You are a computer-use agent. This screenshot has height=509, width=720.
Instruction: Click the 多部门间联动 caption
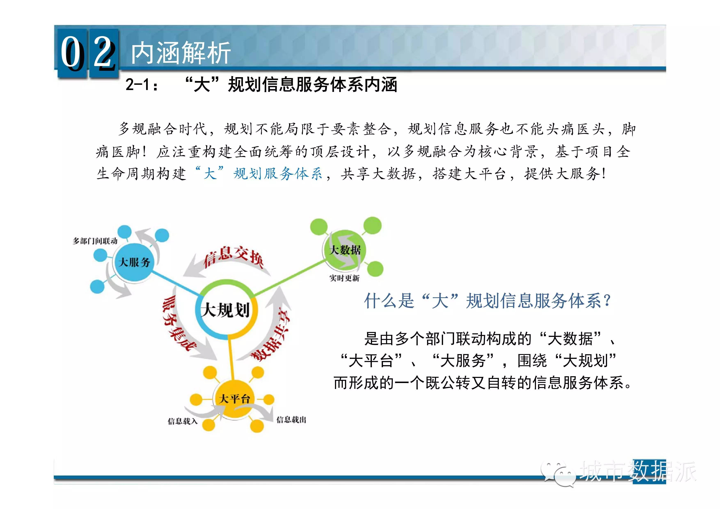[x=95, y=241]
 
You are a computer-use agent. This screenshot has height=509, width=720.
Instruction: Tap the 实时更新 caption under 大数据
[x=344, y=278]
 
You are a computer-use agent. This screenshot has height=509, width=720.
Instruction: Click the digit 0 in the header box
[x=71, y=52]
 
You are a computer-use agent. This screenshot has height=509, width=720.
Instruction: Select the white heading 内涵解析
[x=181, y=53]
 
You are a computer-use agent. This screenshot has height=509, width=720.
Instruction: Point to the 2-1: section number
[x=142, y=85]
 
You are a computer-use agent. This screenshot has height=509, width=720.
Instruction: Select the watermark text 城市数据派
[x=638, y=471]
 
